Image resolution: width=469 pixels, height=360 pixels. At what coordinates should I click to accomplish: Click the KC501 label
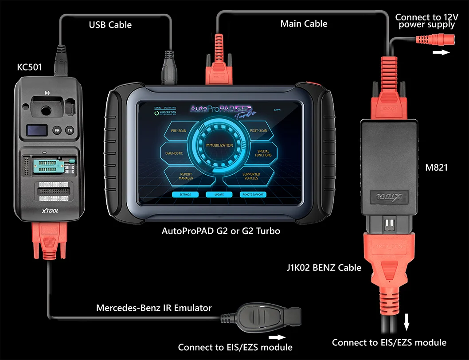(x=29, y=67)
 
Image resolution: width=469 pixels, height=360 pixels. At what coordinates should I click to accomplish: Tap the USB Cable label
(x=110, y=25)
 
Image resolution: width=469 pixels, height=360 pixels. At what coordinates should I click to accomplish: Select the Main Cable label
(x=304, y=23)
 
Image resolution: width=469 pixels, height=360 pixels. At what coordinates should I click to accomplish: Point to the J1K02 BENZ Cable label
(x=324, y=267)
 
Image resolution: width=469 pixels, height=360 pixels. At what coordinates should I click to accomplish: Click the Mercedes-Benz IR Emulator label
(x=154, y=308)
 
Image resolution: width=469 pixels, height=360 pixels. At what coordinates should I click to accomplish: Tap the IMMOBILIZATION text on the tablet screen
(x=219, y=145)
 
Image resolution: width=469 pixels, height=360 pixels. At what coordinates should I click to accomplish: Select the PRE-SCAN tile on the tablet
(x=179, y=131)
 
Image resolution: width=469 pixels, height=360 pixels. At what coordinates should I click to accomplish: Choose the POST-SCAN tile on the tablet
(x=258, y=131)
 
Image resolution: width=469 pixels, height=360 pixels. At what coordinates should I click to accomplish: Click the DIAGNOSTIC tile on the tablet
(x=174, y=153)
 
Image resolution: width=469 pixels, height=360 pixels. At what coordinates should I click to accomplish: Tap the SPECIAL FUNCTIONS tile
(x=263, y=153)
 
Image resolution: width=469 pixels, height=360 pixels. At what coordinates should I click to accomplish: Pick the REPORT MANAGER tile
(x=186, y=176)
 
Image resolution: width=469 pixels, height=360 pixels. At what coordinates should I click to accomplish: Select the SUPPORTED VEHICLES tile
(x=251, y=176)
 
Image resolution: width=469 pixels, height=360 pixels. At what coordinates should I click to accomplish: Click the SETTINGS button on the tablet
(x=185, y=195)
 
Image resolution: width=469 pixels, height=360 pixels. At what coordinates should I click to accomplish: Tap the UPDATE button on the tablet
(x=219, y=195)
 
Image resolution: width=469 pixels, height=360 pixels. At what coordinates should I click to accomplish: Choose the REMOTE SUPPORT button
(x=253, y=195)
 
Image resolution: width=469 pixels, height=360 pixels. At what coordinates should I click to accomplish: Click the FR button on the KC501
(x=57, y=130)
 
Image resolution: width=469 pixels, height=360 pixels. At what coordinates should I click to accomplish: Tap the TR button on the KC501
(x=70, y=130)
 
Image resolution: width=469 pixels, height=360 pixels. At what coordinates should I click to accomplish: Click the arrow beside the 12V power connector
(x=441, y=52)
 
